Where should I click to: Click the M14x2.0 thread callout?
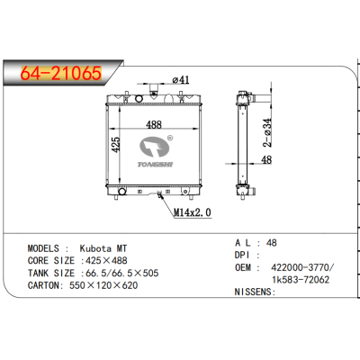click(192, 212)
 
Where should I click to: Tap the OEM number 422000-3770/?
click(300, 267)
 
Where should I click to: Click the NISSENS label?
click(254, 293)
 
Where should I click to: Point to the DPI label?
click(245, 255)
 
